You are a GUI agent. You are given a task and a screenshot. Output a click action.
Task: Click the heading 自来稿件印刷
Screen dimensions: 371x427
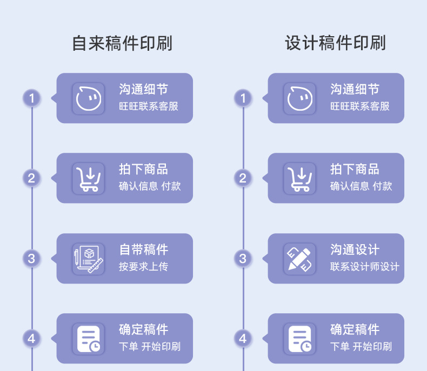pyautogui.click(x=122, y=43)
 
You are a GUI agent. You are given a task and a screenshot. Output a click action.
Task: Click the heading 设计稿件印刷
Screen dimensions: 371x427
pyautogui.click(x=335, y=43)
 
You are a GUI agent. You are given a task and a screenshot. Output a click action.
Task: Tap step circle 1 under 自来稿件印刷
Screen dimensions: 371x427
pyautogui.click(x=31, y=98)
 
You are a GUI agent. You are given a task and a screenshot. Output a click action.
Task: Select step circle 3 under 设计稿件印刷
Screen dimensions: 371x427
pyautogui.click(x=243, y=259)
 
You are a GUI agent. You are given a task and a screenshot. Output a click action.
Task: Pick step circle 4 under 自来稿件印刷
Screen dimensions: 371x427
pyautogui.click(x=31, y=339)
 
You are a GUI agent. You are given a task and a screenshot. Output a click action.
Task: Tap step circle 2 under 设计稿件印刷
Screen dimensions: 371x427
pyautogui.click(x=243, y=178)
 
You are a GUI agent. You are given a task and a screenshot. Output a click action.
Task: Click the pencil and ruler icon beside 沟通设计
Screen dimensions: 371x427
pyautogui.click(x=299, y=258)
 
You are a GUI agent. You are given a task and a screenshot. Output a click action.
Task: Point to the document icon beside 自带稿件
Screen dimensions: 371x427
pyautogui.click(x=88, y=258)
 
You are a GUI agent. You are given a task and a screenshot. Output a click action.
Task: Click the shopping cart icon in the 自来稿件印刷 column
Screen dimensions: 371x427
pyautogui.click(x=88, y=178)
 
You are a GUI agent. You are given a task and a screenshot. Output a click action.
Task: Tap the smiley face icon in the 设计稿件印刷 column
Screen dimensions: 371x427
pyautogui.click(x=299, y=98)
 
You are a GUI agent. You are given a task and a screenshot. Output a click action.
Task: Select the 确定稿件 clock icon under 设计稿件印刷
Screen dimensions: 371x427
pyautogui.click(x=299, y=339)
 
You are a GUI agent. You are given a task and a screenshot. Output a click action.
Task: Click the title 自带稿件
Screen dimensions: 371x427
pyautogui.click(x=143, y=250)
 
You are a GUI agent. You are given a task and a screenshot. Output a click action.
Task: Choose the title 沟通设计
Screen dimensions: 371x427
pyautogui.click(x=355, y=250)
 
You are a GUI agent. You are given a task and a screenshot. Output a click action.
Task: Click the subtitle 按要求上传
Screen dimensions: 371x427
pyautogui.click(x=143, y=267)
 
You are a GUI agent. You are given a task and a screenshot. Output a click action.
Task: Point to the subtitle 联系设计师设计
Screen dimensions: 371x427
pyautogui.click(x=364, y=267)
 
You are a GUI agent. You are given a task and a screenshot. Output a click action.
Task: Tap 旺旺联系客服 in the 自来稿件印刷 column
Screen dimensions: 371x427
pyautogui.click(x=148, y=106)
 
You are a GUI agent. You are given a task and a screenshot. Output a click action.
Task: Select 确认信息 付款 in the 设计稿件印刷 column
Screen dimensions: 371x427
pyautogui.click(x=361, y=186)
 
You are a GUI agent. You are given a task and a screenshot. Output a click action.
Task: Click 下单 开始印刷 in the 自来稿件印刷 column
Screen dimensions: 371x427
pyautogui.click(x=149, y=347)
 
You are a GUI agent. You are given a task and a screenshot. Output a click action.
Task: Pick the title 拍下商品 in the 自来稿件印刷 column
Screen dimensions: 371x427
pyautogui.click(x=143, y=170)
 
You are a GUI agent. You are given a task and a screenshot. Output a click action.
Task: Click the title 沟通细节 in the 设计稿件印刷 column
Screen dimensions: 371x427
pyautogui.click(x=355, y=90)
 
